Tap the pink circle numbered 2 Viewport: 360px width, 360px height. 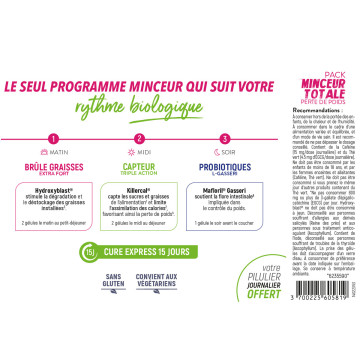[139, 139]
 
